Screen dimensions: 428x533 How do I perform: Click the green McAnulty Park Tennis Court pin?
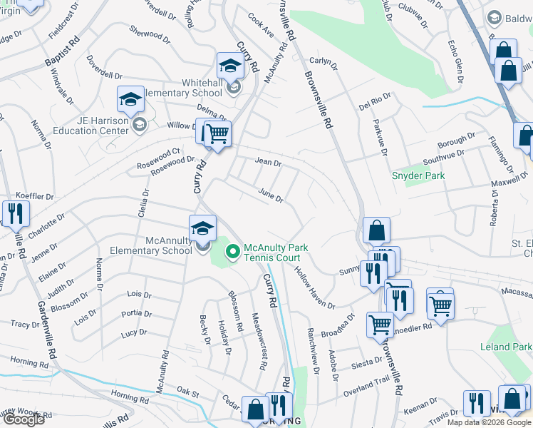(x=232, y=251)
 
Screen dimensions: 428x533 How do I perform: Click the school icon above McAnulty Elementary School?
(x=203, y=228)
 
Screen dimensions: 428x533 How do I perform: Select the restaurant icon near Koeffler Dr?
(x=14, y=213)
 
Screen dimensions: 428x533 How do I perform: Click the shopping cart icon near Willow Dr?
(x=217, y=133)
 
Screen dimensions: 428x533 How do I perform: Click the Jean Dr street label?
(x=268, y=163)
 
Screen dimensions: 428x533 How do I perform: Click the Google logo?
(x=24, y=419)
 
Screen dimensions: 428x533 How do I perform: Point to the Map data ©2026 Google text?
(x=488, y=422)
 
